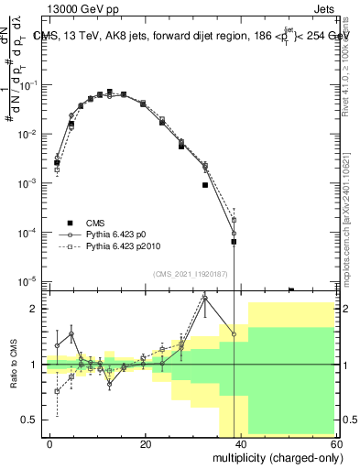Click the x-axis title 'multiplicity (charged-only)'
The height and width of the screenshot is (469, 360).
[x=272, y=456]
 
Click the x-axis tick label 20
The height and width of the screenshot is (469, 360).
[x=146, y=443]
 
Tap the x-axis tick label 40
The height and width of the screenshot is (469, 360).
[x=240, y=443]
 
